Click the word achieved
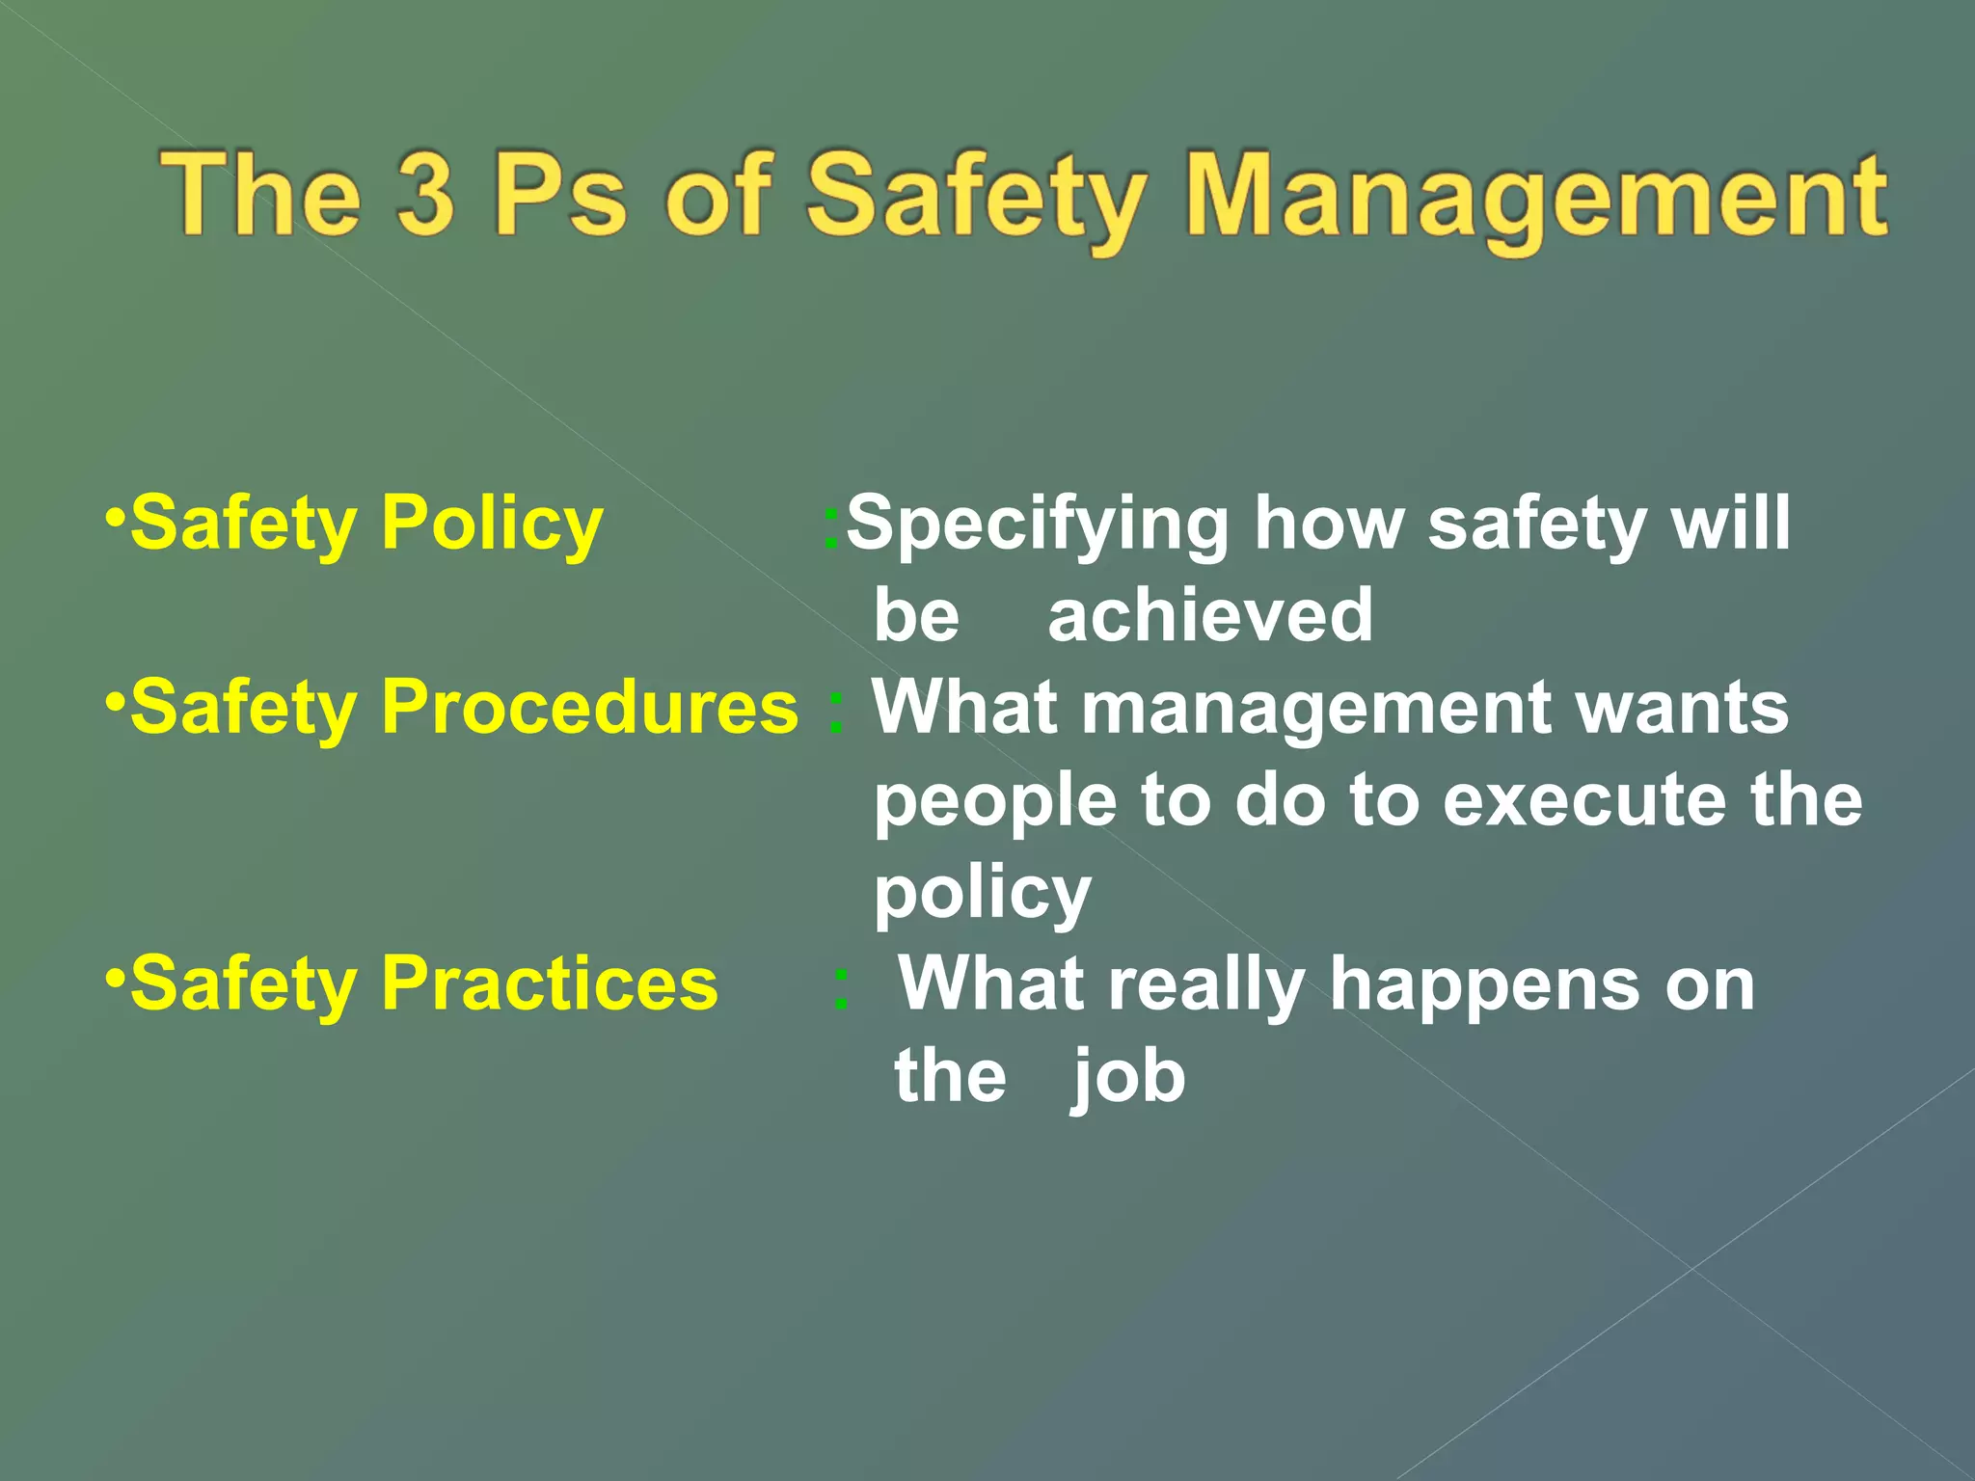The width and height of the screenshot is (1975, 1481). point(1210,616)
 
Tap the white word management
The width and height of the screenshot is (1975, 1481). point(1316,709)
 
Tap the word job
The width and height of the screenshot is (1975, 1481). point(1128,1077)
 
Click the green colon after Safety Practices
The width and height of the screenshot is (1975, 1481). point(841,989)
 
